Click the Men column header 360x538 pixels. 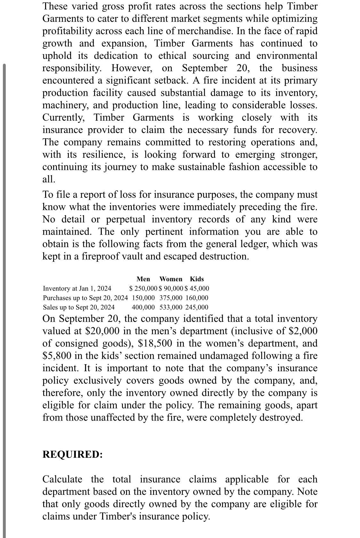[143, 279]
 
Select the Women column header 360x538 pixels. [171, 279]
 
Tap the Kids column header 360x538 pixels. [197, 279]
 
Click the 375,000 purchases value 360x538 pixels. [171, 298]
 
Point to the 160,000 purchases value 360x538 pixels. [197, 298]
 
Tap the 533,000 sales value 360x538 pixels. [171, 307]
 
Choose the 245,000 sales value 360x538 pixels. [197, 307]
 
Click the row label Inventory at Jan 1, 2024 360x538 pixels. [77, 288]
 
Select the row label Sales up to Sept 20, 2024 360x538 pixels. [79, 307]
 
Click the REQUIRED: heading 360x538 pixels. [73, 454]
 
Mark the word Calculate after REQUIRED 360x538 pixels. [62, 479]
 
